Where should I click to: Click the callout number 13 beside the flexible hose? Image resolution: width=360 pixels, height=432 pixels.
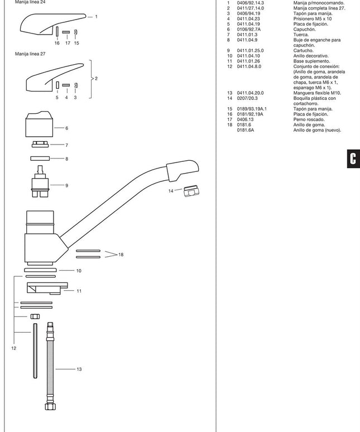point(79,369)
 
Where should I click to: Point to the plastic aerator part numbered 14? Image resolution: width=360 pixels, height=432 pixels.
point(191,192)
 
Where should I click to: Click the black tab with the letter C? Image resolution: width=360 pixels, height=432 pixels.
point(352,158)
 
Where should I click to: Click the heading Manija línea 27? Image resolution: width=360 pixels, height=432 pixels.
point(30,54)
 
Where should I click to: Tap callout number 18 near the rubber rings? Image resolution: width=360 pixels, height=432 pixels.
point(121,255)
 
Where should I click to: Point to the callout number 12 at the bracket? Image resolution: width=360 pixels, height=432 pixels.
point(13,348)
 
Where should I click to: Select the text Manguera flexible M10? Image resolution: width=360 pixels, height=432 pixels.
point(317,93)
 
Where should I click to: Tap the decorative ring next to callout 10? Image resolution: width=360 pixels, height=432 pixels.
point(41,270)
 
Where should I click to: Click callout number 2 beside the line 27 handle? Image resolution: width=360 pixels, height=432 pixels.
point(96,79)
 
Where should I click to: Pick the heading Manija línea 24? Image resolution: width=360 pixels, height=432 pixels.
point(30,2)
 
